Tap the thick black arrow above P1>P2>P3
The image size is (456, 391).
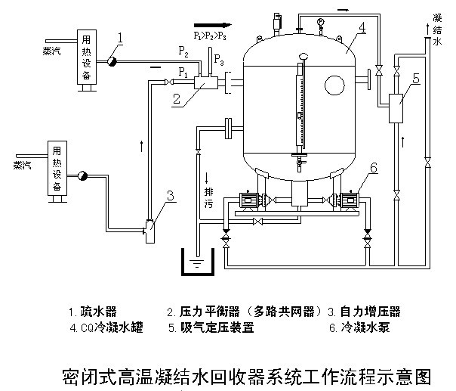pyautogui.click(x=209, y=24)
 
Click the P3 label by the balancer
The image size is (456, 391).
pyautogui.click(x=218, y=58)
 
